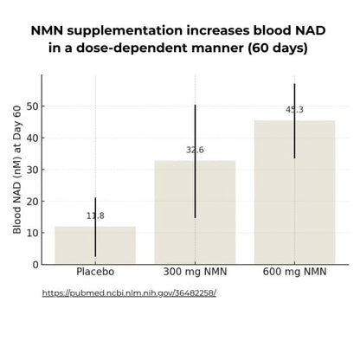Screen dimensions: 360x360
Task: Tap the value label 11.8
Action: (95, 215)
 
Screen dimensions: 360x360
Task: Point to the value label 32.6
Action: (195, 150)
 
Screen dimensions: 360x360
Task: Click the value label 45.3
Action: (294, 110)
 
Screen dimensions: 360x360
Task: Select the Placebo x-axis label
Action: (95, 273)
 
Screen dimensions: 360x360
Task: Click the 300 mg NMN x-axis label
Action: (195, 273)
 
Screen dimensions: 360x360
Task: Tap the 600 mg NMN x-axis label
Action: (294, 273)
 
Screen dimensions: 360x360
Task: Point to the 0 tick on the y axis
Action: (35, 264)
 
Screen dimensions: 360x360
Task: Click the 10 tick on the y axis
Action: (32, 233)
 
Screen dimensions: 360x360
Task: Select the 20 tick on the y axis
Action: (32, 201)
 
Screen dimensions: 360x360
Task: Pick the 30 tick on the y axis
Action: (32, 170)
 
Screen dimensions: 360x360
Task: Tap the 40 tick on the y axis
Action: (32, 138)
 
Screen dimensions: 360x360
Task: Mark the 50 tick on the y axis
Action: (32, 106)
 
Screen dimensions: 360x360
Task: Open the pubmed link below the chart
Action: (129, 292)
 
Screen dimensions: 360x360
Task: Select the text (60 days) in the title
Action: (277, 48)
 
